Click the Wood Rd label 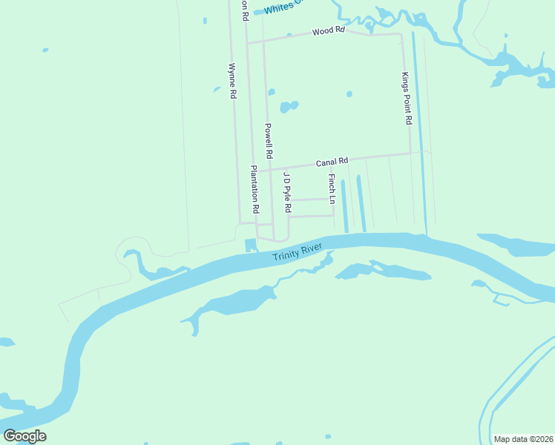tap(329, 31)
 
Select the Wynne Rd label tap(232, 82)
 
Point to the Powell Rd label tap(269, 141)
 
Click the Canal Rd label tap(332, 162)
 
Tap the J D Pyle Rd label tap(286, 191)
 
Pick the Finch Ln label tap(332, 189)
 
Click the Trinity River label tap(301, 253)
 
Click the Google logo tap(24, 435)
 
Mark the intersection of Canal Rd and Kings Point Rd tap(410, 154)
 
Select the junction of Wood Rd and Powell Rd tap(264, 41)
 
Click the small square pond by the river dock tap(249, 244)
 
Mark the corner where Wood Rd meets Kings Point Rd tap(401, 34)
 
